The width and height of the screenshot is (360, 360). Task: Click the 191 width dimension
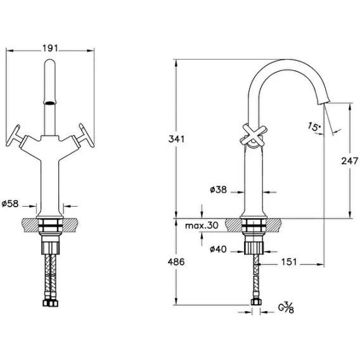tap(50, 48)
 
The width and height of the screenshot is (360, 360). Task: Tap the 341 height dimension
tap(176, 139)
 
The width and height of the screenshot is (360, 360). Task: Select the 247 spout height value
tap(349, 161)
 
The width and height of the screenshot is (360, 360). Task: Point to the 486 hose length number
tap(176, 262)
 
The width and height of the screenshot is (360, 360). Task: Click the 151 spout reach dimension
tap(289, 262)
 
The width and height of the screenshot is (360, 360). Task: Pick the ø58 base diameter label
tap(10, 203)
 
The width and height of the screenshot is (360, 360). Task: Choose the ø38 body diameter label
tap(218, 190)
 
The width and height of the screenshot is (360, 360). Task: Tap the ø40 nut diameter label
tap(218, 249)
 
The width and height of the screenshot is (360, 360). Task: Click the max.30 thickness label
tap(202, 226)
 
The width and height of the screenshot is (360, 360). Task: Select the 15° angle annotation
tap(314, 126)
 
